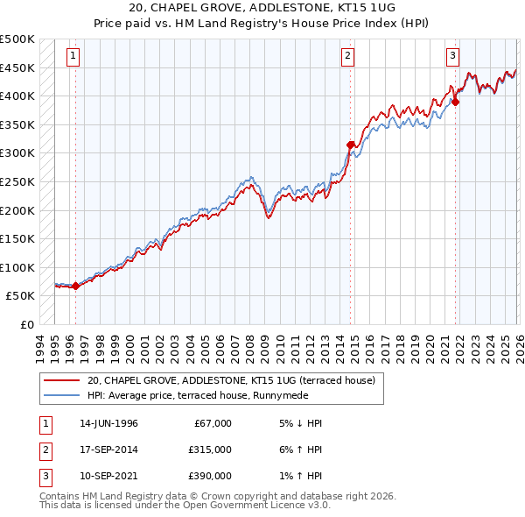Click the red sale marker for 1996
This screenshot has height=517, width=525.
[75, 285]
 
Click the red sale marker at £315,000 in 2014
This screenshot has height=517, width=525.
[351, 145]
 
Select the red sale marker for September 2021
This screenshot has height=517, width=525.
[456, 102]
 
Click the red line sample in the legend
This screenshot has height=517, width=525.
[61, 380]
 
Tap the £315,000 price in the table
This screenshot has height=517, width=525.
[210, 450]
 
